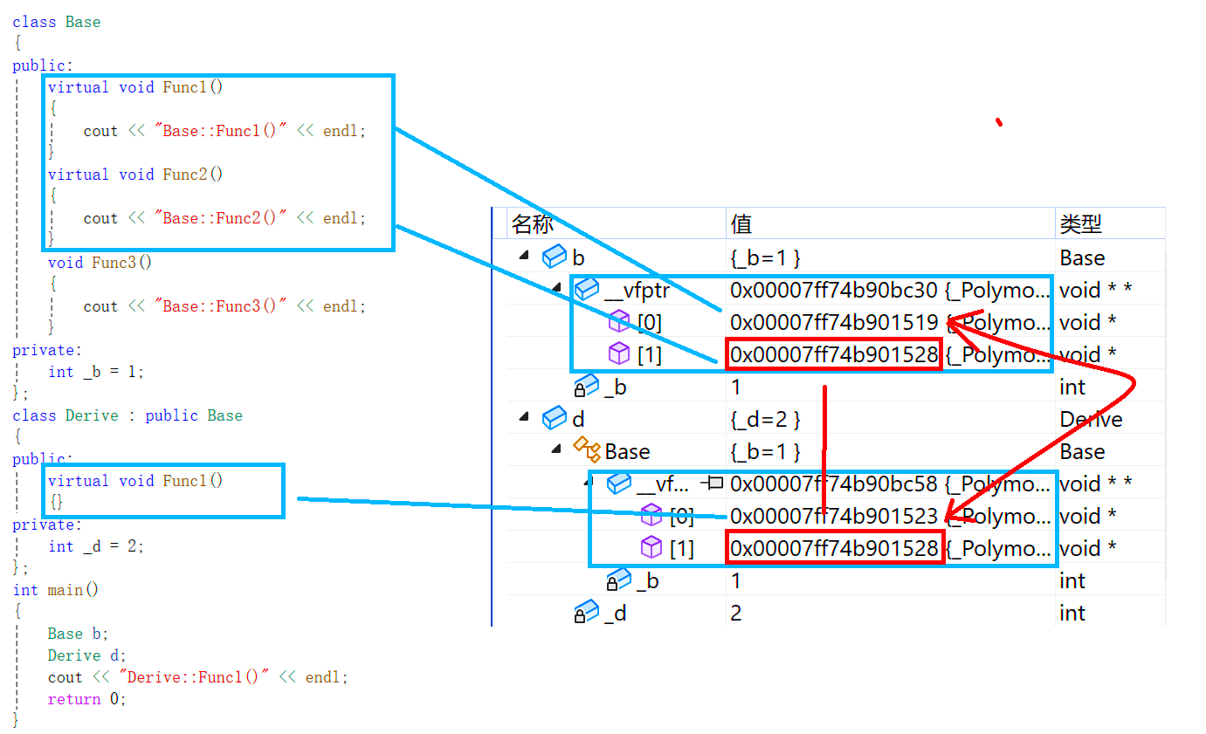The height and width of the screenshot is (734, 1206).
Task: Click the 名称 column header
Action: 532,224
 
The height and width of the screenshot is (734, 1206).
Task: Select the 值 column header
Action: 741,224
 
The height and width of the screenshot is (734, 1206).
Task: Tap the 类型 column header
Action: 1080,224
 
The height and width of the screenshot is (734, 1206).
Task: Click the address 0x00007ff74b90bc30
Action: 833,290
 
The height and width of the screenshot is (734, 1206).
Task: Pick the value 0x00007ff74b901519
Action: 833,323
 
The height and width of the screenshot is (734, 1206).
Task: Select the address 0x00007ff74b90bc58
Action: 833,484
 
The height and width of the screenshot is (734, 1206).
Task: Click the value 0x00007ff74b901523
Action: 833,516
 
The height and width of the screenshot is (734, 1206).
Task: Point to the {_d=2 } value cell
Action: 765,420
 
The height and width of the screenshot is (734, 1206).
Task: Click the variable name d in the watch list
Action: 577,420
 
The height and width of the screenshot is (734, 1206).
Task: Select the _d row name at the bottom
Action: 615,614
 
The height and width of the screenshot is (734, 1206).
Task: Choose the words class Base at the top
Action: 57,22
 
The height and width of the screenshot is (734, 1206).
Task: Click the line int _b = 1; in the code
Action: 96,372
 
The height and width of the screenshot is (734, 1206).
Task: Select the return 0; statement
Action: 86,699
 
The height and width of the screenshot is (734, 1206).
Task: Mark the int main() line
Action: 56,590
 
